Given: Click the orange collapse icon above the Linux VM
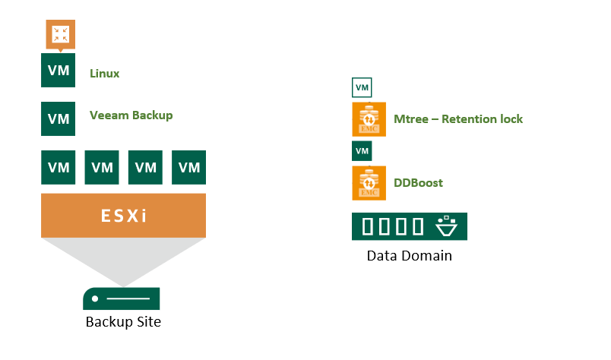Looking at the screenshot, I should [x=59, y=34].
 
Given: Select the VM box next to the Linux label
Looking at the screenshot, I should [x=59, y=71].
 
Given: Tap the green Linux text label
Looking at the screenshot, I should [x=104, y=74].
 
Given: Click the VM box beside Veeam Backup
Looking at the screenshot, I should [x=59, y=118].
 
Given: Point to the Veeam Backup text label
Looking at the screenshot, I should [x=131, y=115].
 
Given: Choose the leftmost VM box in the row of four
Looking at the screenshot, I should [x=59, y=167].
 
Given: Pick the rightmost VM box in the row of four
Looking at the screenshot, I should [x=189, y=167].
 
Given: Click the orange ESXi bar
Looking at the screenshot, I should [x=123, y=215].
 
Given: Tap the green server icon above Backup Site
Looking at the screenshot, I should [x=121, y=298].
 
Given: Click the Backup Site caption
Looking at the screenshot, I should [x=123, y=322].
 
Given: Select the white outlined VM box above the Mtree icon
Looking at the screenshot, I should [x=362, y=88].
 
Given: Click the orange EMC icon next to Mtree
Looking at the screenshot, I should [x=369, y=119].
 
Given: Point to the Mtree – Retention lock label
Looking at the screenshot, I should [x=457, y=119].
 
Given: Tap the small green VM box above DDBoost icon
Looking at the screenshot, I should [x=362, y=151].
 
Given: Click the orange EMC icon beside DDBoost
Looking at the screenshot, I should [x=369, y=183].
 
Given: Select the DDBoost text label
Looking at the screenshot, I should [x=418, y=183].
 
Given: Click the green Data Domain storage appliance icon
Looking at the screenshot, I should [x=409, y=226].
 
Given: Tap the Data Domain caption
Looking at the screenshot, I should [x=409, y=256].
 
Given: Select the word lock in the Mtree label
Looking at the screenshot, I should [x=508, y=119].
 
